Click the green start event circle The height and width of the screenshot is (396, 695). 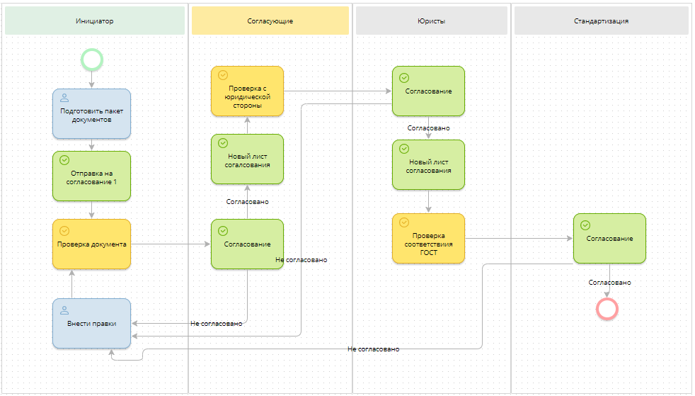[92, 59]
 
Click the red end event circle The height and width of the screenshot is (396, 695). [607, 308]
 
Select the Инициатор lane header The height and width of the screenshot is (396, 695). [94, 21]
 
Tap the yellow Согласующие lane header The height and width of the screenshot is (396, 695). [270, 21]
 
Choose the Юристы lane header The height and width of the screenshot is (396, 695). [431, 21]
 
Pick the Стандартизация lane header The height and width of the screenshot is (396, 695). [601, 21]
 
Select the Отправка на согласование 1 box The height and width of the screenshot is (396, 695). [91, 176]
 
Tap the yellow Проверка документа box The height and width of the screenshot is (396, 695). [91, 244]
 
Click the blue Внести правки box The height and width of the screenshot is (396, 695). [91, 323]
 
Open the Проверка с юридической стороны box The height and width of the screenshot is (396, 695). [247, 91]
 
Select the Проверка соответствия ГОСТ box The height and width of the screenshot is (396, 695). [428, 239]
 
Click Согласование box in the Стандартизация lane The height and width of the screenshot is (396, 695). [609, 239]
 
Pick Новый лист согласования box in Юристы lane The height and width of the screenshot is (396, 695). [428, 165]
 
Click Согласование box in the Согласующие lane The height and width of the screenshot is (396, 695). [247, 244]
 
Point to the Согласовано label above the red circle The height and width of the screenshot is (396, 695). [609, 283]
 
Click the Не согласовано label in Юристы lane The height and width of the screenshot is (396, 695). [373, 349]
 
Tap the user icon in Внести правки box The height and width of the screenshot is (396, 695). [64, 310]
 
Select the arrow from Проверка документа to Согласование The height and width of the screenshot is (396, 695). [170, 244]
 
